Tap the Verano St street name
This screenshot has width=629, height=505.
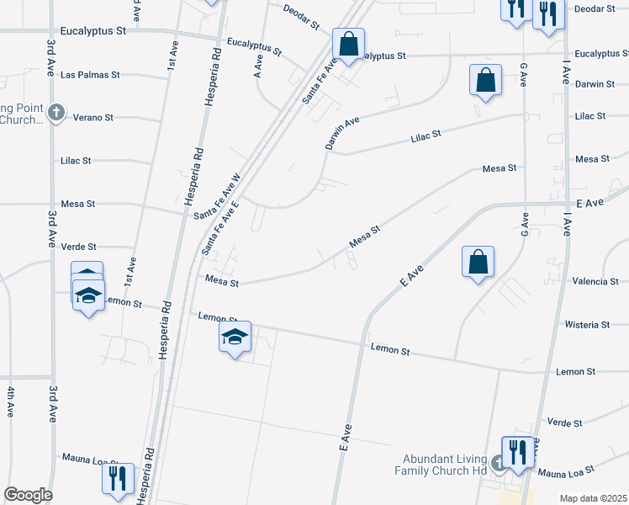click(x=93, y=117)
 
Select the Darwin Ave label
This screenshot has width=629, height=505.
click(x=342, y=133)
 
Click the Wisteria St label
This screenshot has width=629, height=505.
click(x=588, y=324)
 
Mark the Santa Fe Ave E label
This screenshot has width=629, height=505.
click(x=220, y=229)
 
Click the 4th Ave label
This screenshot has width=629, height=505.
click(x=11, y=402)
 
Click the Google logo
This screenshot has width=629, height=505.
click(x=27, y=494)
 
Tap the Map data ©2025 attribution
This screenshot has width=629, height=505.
click(x=593, y=498)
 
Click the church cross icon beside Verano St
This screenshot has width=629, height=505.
click(x=55, y=113)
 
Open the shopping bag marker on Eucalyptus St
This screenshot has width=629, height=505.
click(x=347, y=42)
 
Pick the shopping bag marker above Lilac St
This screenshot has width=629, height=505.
click(x=485, y=80)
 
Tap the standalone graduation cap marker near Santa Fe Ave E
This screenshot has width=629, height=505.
click(x=235, y=338)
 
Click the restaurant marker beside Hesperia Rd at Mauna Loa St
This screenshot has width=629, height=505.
click(x=118, y=478)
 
